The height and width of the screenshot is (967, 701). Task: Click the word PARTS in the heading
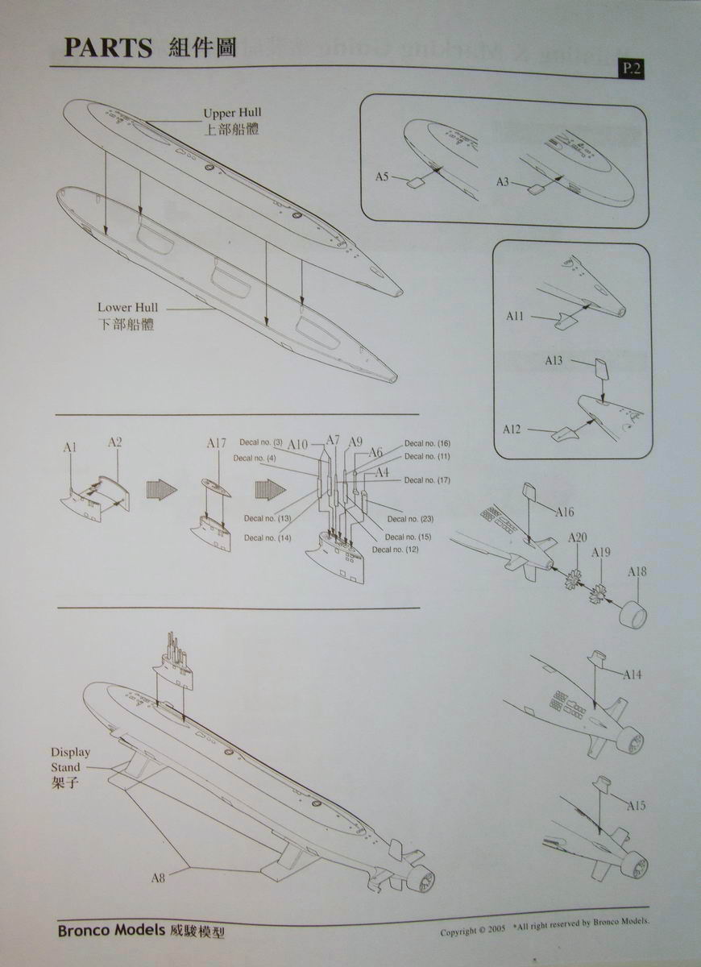(x=108, y=48)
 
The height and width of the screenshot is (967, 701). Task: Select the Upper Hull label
(x=232, y=113)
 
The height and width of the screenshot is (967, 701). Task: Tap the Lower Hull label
(x=127, y=307)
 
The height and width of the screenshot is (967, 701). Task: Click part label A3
(x=504, y=182)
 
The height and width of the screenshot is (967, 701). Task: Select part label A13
(x=554, y=360)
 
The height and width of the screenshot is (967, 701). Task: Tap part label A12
(x=512, y=429)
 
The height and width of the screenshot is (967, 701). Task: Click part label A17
(x=217, y=442)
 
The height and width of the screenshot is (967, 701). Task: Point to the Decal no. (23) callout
(x=410, y=518)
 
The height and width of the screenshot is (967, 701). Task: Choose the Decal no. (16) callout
(x=427, y=443)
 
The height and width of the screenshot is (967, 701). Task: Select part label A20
(x=578, y=537)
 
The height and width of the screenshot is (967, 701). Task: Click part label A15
(x=635, y=805)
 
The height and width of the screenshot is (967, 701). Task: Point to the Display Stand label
(x=70, y=760)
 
